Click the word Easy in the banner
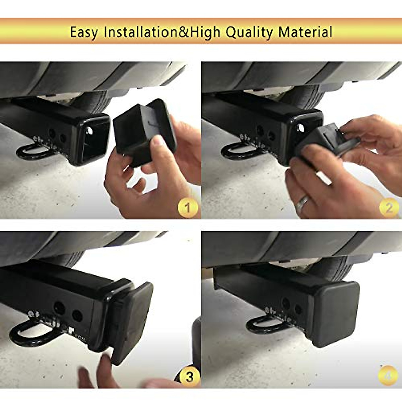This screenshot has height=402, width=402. tap(84, 32)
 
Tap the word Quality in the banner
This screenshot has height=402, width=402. tap(250, 32)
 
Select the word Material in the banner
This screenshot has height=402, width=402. tap(306, 32)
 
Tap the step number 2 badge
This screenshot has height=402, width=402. tap(389, 208)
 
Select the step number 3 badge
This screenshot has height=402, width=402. tap(189, 377)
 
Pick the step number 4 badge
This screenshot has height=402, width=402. tap(388, 376)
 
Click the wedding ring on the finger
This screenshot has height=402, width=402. tap(303, 202)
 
